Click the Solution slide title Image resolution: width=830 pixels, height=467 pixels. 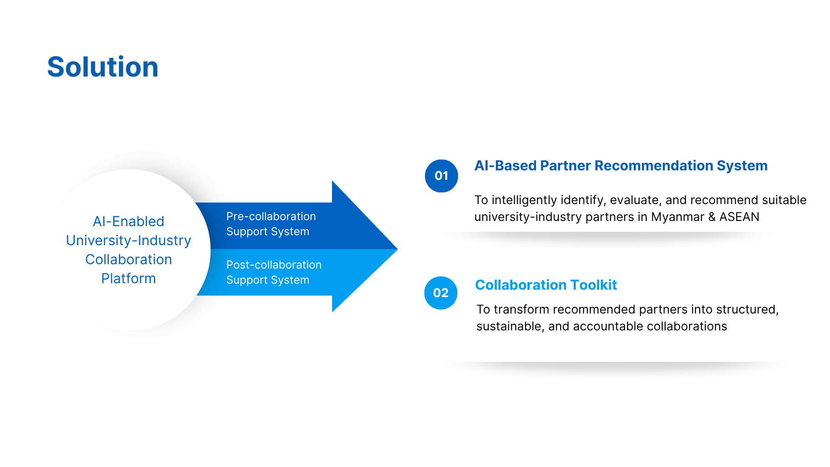103,67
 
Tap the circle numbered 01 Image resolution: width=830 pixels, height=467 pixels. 441,176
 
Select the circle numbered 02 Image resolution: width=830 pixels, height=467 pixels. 441,293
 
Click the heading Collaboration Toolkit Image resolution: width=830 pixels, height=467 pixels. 546,285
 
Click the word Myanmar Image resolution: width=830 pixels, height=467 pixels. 678,217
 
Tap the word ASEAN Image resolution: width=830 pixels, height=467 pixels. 739,217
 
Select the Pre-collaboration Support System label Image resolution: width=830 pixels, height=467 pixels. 271,224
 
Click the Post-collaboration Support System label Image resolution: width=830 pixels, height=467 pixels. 274,272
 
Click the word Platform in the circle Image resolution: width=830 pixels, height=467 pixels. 128,278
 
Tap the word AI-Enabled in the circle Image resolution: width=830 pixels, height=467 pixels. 128,221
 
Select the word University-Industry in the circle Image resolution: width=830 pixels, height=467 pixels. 128,240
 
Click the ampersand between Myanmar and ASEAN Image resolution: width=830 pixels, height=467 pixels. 712,217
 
